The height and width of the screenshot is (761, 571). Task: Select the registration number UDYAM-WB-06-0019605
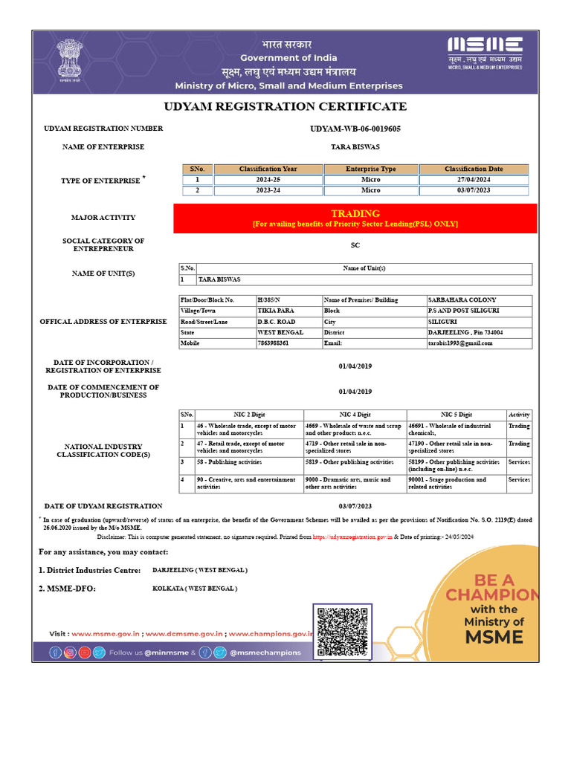[x=355, y=129]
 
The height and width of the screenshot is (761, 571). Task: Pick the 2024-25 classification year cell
[x=268, y=180]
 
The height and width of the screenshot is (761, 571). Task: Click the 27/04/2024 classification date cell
[x=474, y=180]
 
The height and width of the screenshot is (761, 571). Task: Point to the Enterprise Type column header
[x=371, y=169]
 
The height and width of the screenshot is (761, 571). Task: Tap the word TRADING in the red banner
[x=355, y=213]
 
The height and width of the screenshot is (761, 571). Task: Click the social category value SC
[x=355, y=245]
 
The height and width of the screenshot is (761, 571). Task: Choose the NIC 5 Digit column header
[x=456, y=415]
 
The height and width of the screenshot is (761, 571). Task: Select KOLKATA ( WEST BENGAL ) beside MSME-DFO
[x=195, y=589]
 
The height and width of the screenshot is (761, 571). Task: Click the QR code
[x=343, y=632]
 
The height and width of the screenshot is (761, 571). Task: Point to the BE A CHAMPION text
[x=490, y=587]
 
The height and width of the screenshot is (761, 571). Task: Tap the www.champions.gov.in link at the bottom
[x=270, y=634]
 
